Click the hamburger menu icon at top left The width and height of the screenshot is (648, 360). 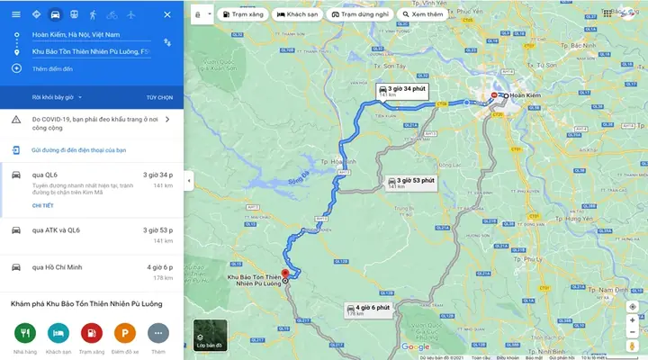[15, 14]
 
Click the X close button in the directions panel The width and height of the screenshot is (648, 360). [168, 14]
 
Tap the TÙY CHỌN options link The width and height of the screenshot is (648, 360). [159, 96]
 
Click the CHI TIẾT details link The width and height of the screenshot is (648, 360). [42, 205]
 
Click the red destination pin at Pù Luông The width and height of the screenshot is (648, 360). [285, 274]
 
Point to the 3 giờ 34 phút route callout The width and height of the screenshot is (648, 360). [401, 91]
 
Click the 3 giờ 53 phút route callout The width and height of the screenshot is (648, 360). [411, 182]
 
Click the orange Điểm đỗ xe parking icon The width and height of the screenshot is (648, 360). [124, 332]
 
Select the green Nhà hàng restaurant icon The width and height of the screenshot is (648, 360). [24, 332]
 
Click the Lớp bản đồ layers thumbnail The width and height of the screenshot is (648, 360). [210, 335]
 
